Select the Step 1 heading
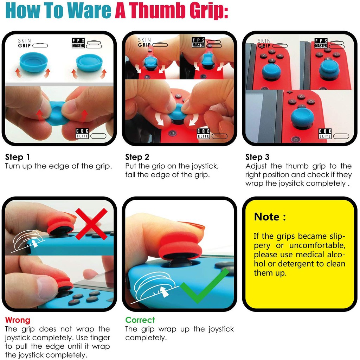[18, 157]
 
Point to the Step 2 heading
[137, 157]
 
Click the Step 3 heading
[257, 157]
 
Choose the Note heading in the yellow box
[270, 217]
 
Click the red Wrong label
[18, 320]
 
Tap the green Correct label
[140, 320]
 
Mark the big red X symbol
[91, 224]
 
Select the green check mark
[204, 286]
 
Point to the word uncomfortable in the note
[317, 245]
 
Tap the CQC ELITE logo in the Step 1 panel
[82, 133]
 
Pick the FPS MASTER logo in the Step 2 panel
[198, 43]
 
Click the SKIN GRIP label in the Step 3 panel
[264, 43]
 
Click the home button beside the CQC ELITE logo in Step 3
[295, 139]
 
